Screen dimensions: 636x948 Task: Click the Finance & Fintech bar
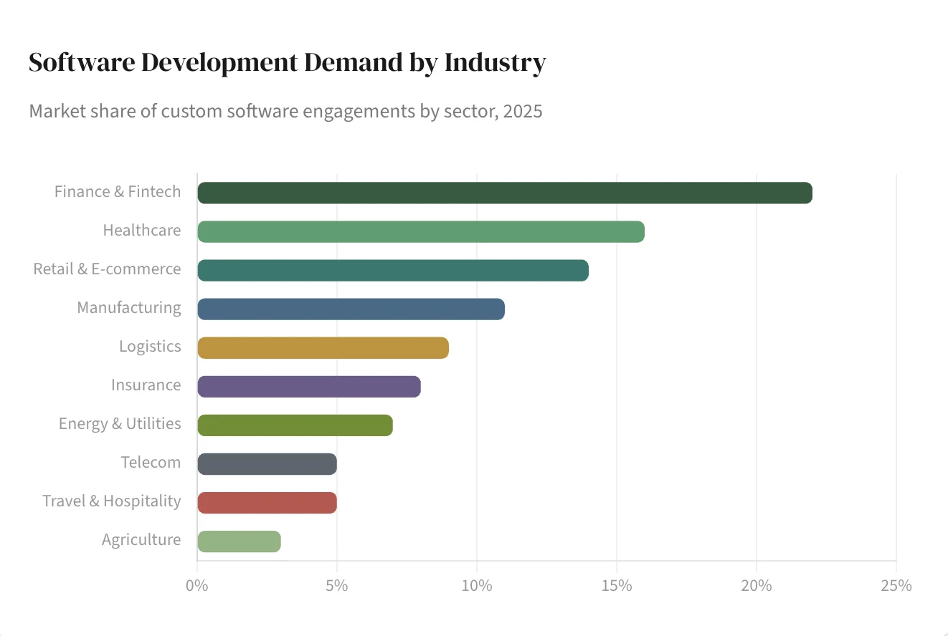coord(504,193)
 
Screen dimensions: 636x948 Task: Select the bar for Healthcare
coord(420,232)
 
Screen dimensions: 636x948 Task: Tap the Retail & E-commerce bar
coord(392,271)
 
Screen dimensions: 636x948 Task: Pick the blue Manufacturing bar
coord(351,309)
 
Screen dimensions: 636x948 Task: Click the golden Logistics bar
coord(323,348)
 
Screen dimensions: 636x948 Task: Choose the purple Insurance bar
coord(308,387)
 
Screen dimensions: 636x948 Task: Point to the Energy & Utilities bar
coord(295,425)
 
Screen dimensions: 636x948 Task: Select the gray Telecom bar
coord(267,464)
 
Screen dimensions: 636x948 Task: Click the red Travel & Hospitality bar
coord(267,503)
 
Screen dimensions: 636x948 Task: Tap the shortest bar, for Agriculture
coord(239,541)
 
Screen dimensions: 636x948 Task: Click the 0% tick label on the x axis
coord(197,585)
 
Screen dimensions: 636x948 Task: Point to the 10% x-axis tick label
coord(477,585)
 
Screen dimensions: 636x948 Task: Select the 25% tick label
coord(896,585)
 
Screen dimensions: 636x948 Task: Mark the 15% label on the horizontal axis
coord(617,585)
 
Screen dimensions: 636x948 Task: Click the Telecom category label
coord(151,463)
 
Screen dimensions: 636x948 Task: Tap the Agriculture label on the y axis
coord(141,540)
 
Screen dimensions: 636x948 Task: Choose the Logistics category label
coord(150,347)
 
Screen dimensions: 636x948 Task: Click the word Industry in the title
coord(495,63)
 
